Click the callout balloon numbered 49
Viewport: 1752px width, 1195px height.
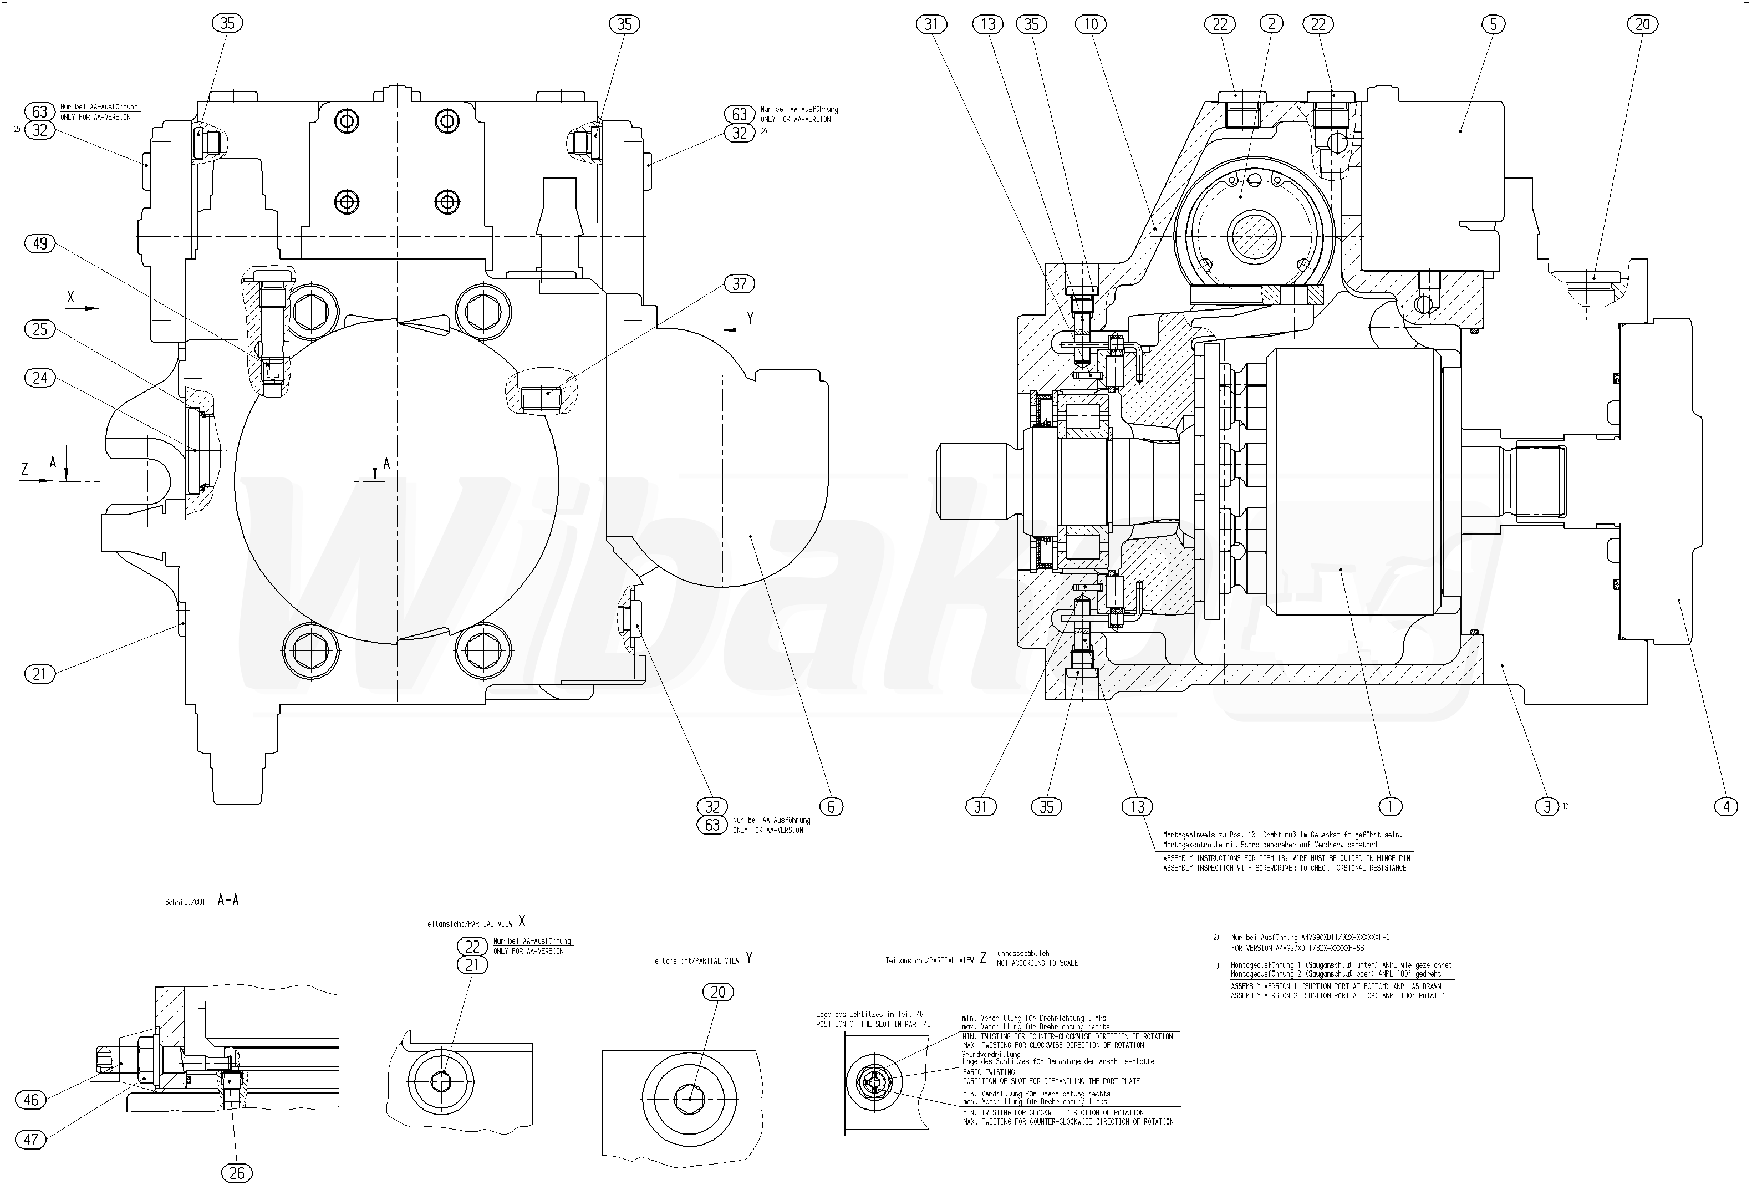40,243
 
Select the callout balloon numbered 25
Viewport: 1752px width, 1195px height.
40,329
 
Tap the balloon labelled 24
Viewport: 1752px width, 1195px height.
40,377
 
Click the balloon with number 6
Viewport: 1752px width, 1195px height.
831,807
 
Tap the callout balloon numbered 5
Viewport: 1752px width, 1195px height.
1493,24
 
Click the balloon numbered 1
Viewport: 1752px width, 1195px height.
1390,807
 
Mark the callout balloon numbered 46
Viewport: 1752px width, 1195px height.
31,1100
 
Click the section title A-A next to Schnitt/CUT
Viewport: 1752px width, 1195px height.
228,900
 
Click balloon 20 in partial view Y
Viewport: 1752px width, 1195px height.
717,992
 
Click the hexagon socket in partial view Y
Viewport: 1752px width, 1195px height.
689,1099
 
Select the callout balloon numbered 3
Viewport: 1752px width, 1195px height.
1547,807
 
